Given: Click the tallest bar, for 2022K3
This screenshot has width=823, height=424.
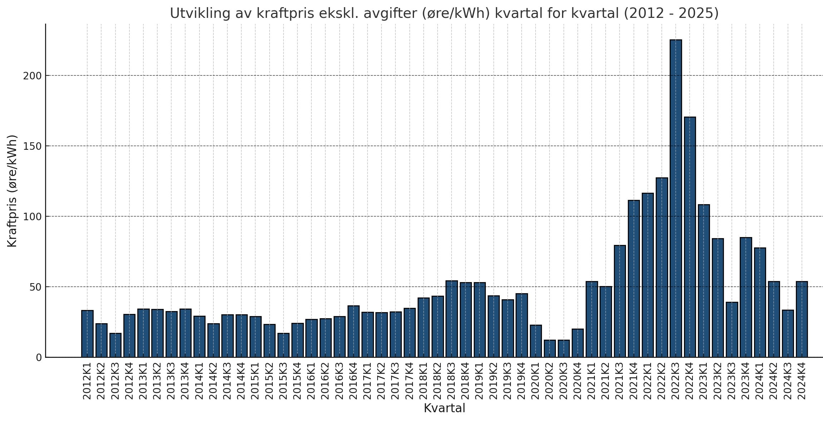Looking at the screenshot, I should click(x=676, y=198).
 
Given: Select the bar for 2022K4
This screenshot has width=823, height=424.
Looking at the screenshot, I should click(x=690, y=237).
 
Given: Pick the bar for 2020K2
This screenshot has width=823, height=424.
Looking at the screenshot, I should click(x=550, y=349).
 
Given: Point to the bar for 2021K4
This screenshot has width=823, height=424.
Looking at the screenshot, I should click(x=634, y=279).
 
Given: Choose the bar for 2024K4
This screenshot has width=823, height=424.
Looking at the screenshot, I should click(x=802, y=319).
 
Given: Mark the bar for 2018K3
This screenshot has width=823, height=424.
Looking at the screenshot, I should click(x=452, y=319).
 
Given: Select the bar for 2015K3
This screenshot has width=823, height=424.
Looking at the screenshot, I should click(x=284, y=345).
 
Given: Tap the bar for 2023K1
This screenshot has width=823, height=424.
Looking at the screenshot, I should click(x=704, y=281).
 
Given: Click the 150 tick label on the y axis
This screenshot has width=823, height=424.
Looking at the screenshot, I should click(x=33, y=146).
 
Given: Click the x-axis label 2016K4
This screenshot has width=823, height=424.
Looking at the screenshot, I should click(x=353, y=381).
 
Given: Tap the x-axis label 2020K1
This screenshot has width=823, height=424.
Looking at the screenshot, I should click(x=536, y=381).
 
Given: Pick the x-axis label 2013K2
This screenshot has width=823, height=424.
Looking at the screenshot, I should click(x=157, y=381).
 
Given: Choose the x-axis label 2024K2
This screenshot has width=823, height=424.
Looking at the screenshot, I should click(x=774, y=381).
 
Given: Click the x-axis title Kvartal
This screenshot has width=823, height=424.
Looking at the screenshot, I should click(x=444, y=408).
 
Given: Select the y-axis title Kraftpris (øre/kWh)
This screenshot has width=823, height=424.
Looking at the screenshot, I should click(x=12, y=191).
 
